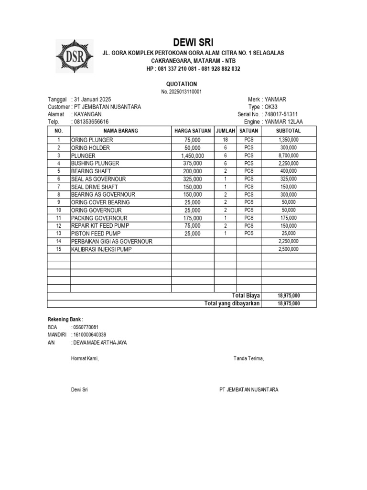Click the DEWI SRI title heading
(x=194, y=43)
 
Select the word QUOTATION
(x=181, y=84)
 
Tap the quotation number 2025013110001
(x=184, y=92)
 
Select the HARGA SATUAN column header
(x=193, y=131)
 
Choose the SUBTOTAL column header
(x=289, y=131)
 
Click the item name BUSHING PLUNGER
(x=95, y=163)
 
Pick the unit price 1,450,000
(x=193, y=156)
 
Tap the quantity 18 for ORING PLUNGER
(x=226, y=140)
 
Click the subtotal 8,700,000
(x=289, y=156)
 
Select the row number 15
(x=59, y=249)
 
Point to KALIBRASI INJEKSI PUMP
(x=101, y=249)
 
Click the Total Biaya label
(x=246, y=295)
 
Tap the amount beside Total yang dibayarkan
(x=289, y=303)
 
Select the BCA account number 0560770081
(x=86, y=327)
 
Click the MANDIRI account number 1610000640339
(x=89, y=335)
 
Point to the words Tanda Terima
(x=248, y=359)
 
